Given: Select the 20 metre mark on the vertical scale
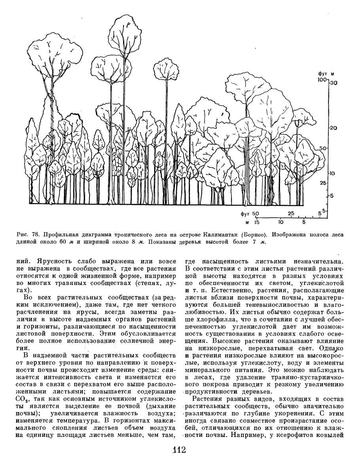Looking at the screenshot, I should point(333,128).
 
